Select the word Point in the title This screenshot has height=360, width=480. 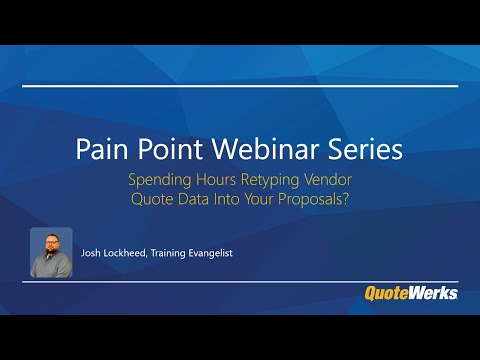[x=166, y=150]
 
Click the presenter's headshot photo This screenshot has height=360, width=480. [x=51, y=252]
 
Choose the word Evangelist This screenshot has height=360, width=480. [x=243, y=253]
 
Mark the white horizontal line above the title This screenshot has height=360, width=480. [x=240, y=86]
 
